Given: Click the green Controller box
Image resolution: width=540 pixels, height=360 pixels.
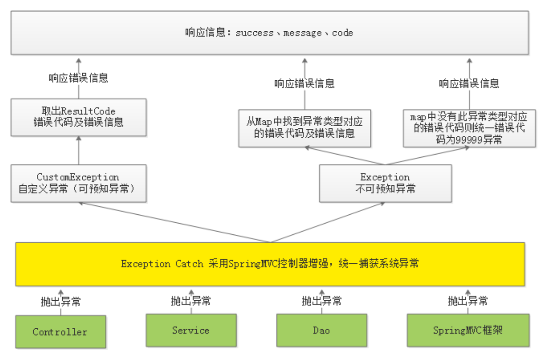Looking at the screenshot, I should (x=60, y=332).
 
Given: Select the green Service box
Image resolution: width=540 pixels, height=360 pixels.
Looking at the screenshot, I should (x=191, y=330).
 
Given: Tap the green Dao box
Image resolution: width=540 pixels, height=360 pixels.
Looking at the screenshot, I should (x=321, y=330).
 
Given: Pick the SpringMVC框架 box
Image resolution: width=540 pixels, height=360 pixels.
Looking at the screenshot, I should (x=468, y=330).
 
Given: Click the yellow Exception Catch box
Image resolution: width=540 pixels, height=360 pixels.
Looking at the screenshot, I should (x=270, y=264).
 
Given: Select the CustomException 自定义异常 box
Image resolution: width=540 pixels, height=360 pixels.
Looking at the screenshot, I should (x=78, y=183).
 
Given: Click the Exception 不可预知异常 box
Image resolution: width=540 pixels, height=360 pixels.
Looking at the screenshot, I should (x=385, y=183).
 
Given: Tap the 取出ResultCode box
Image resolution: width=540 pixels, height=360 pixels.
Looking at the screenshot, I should (x=78, y=117).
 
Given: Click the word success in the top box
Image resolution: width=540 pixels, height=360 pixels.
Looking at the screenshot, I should (x=255, y=33).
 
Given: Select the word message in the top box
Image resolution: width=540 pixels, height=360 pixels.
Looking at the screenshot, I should (x=302, y=33).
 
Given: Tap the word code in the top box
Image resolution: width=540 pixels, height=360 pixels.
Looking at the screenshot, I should (x=342, y=33).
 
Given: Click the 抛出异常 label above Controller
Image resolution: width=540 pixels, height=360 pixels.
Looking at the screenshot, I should (x=61, y=302).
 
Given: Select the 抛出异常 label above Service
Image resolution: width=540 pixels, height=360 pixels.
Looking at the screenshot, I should (x=191, y=301).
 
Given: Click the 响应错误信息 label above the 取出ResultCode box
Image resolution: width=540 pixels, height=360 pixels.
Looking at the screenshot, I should (x=78, y=78).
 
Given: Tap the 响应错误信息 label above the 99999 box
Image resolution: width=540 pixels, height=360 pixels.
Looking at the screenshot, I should (x=469, y=84).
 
